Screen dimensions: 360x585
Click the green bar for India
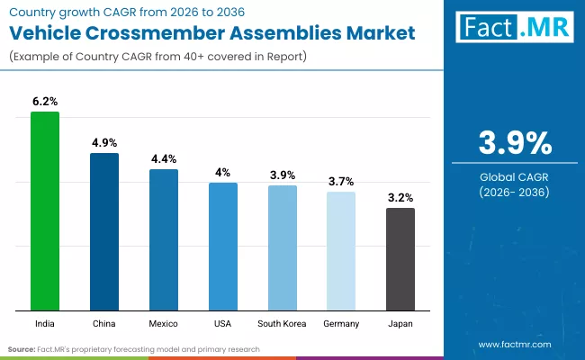point(45,211)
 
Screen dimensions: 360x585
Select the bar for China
point(104,231)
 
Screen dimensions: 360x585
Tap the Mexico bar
point(164,239)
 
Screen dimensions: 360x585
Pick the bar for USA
point(223,246)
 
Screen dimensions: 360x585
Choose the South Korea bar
point(282,247)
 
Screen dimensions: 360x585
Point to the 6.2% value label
point(45,103)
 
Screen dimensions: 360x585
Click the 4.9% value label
point(104,143)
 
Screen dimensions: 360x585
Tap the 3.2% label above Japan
point(400,198)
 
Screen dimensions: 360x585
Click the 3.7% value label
point(341,182)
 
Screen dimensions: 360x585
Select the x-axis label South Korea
point(282,323)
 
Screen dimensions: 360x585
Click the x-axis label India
point(45,323)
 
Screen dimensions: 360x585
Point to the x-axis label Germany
point(341,323)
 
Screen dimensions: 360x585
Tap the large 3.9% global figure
point(514,143)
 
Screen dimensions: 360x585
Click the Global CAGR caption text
point(514,177)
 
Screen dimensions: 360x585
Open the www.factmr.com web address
point(514,345)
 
